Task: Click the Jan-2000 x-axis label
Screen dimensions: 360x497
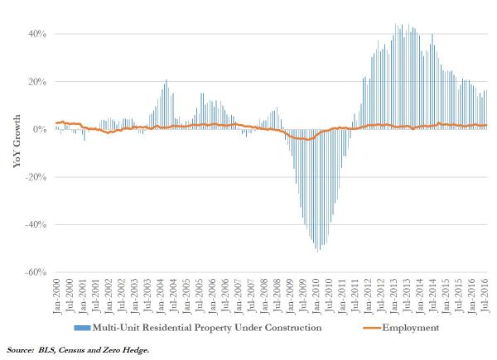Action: click(56, 294)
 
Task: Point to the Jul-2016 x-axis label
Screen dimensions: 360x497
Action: click(485, 294)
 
